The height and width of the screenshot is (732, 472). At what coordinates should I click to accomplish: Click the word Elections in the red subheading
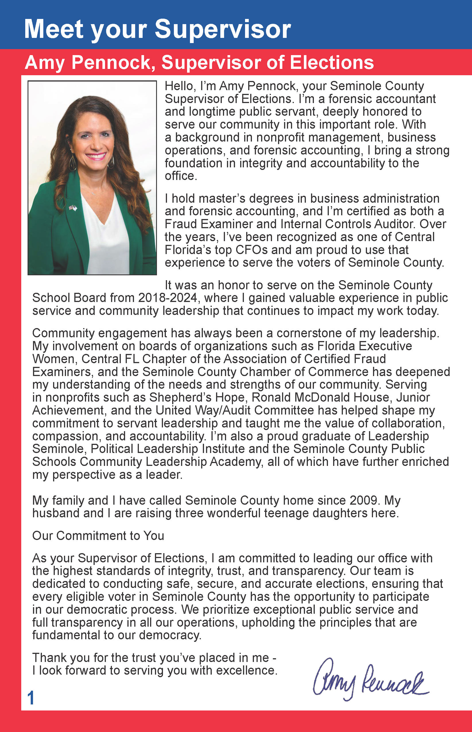click(x=332, y=63)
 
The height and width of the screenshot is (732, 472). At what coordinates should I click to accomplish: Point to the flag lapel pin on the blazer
click(x=73, y=208)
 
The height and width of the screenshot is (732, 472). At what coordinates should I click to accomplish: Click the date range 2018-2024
click(x=168, y=298)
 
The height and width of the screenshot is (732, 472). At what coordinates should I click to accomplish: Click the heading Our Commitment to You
click(x=98, y=536)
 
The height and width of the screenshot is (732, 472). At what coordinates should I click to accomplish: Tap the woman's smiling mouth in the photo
click(x=96, y=156)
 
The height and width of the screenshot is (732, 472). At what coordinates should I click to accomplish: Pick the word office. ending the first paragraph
click(x=180, y=176)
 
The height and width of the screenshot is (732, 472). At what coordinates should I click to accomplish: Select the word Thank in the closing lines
click(x=50, y=658)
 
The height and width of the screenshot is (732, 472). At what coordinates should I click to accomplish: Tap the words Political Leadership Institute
click(x=167, y=449)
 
